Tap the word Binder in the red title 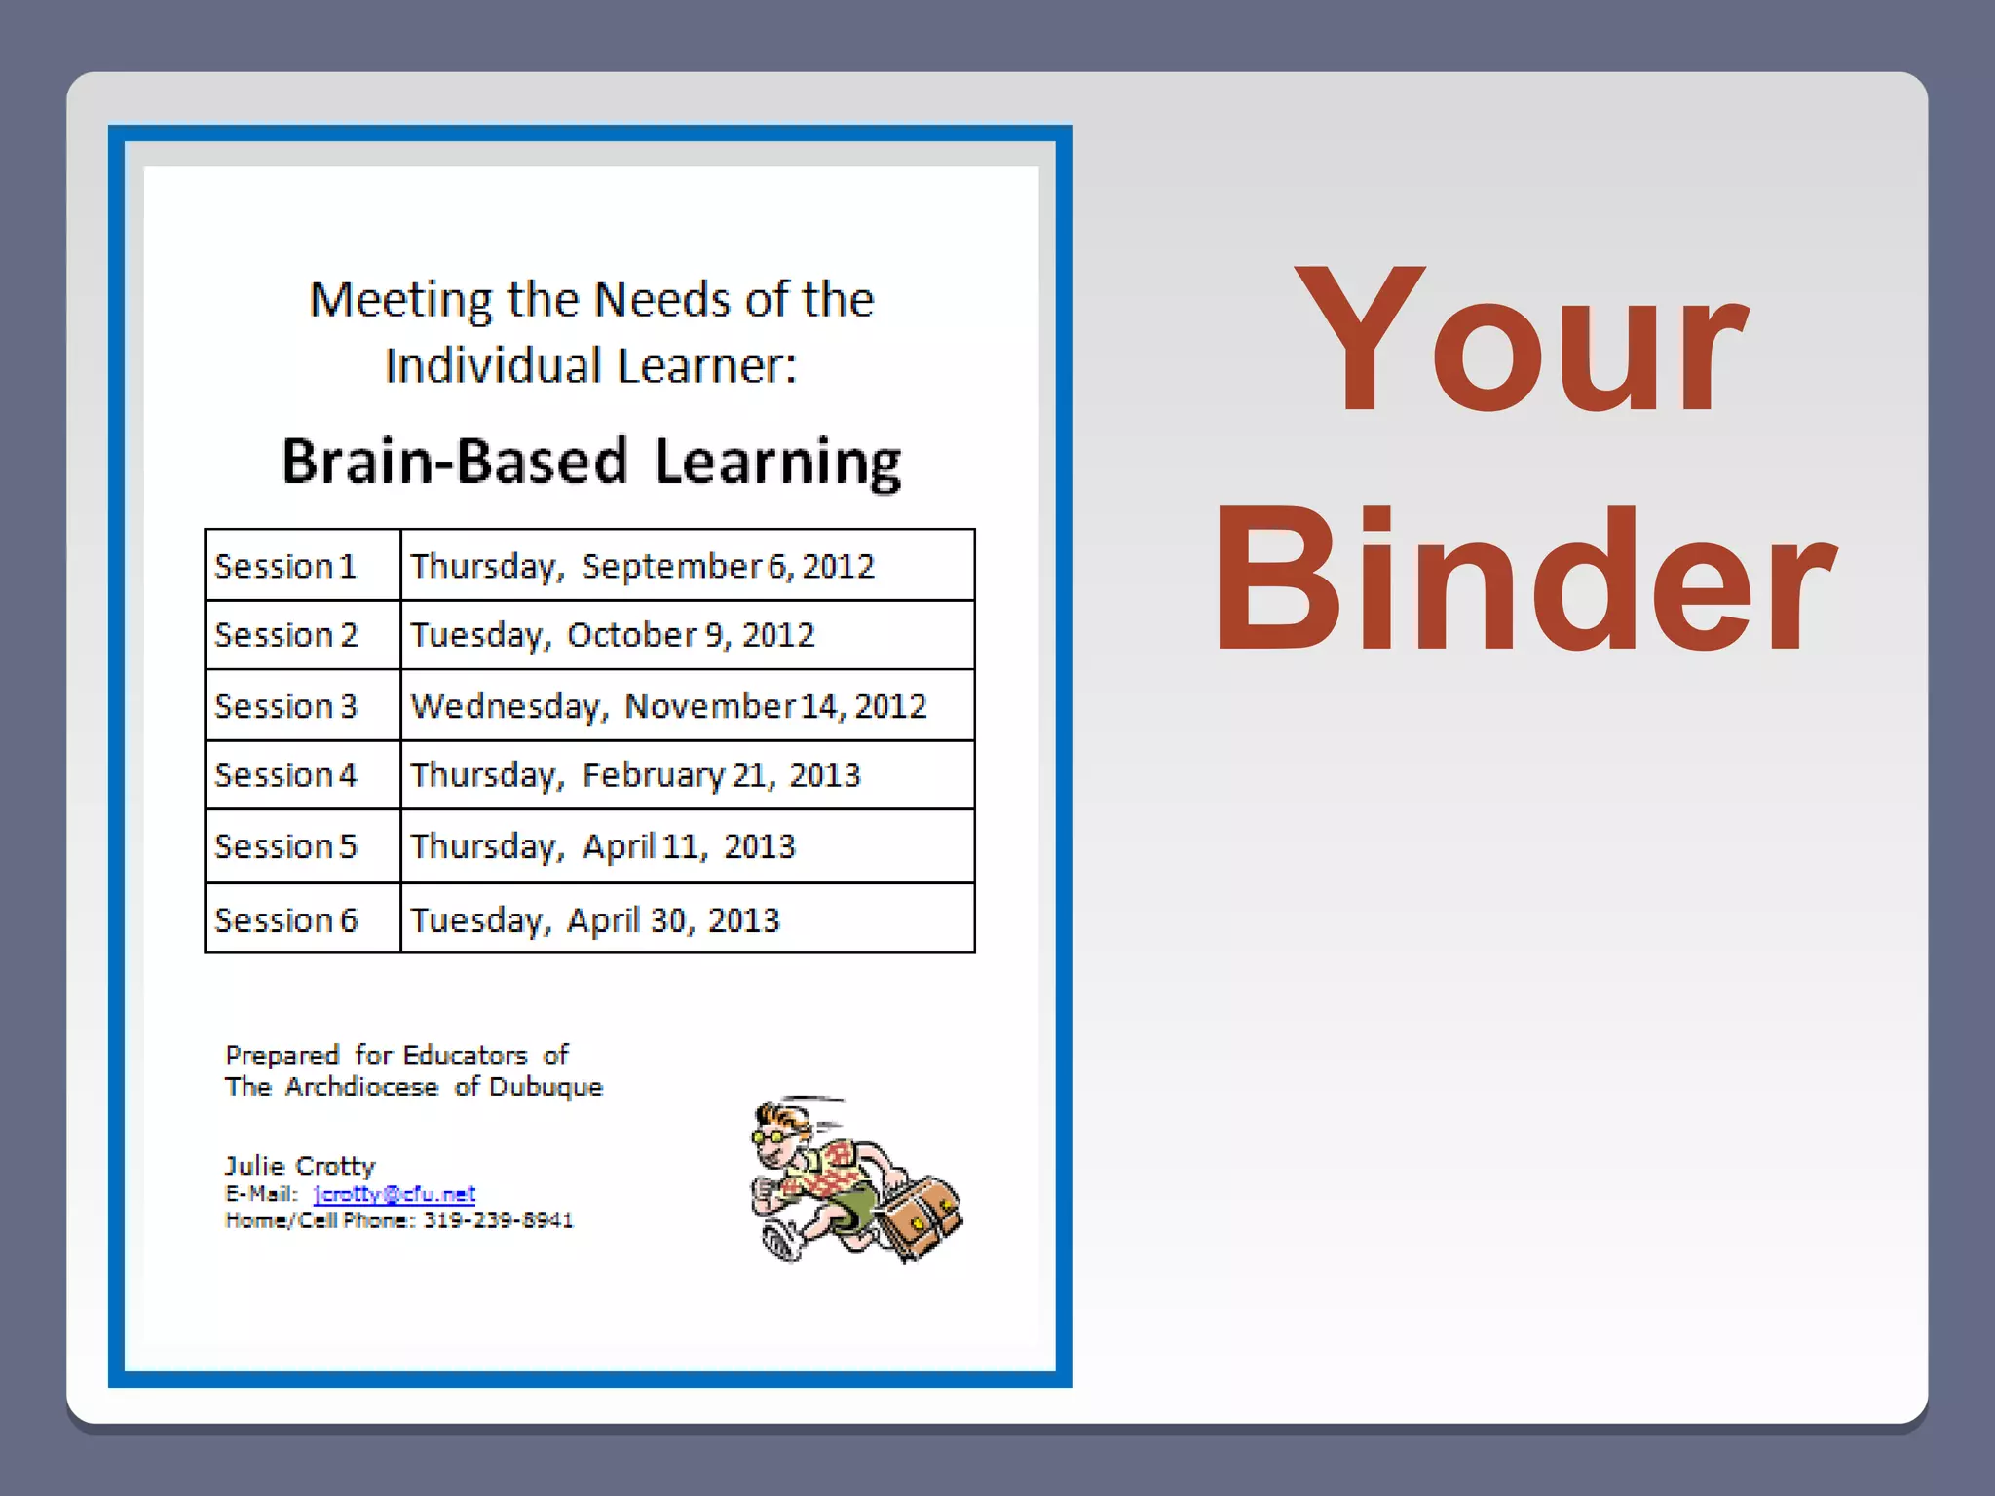pos(1524,581)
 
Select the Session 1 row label pos(285,566)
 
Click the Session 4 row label pos(285,775)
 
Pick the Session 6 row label pos(285,919)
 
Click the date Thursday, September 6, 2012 pos(642,566)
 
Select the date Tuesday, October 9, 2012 pos(612,635)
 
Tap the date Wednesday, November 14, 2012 pos(668,706)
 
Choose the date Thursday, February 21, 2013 pos(635,775)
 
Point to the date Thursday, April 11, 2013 pos(602,846)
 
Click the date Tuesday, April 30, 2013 pos(594,919)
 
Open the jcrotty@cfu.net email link pos(395,1194)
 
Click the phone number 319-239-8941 pos(498,1220)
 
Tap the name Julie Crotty pos(300,1166)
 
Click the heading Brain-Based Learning pos(591,462)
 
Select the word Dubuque pos(546,1087)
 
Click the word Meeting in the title pos(400,300)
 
